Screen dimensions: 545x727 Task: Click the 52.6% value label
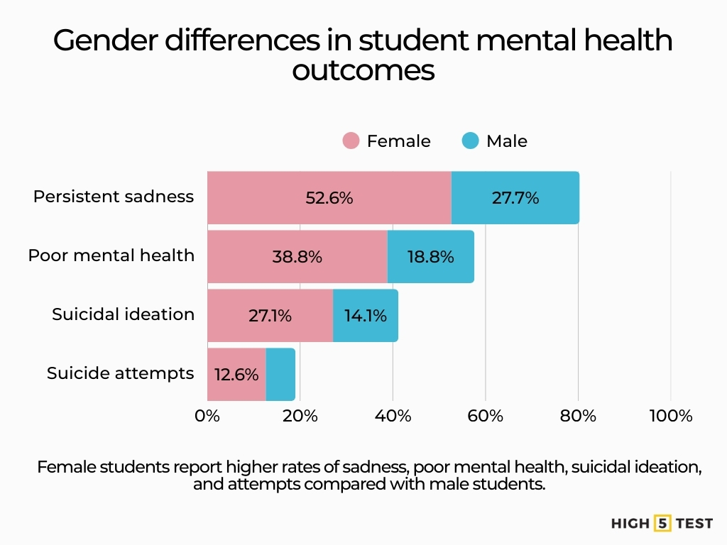(329, 198)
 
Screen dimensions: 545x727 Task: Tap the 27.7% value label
(515, 198)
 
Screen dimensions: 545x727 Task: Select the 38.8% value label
(297, 257)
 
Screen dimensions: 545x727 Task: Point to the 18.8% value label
(430, 257)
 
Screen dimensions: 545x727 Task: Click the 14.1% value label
(366, 316)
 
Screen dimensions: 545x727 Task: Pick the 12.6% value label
(236, 374)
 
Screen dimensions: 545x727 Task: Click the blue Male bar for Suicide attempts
(280, 374)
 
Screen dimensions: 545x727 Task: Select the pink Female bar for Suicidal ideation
(270, 316)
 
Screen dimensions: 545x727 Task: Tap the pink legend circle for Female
(351, 141)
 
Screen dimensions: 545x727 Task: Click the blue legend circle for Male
(470, 141)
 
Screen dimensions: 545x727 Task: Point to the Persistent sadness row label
(113, 197)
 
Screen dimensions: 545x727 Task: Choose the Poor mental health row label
(111, 255)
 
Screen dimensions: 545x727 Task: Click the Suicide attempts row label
(120, 373)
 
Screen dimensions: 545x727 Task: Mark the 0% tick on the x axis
(207, 416)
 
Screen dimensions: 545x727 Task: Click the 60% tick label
(486, 416)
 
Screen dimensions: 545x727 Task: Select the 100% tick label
(671, 416)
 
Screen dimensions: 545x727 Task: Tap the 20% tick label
(300, 416)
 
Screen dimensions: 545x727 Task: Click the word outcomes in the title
(363, 70)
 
